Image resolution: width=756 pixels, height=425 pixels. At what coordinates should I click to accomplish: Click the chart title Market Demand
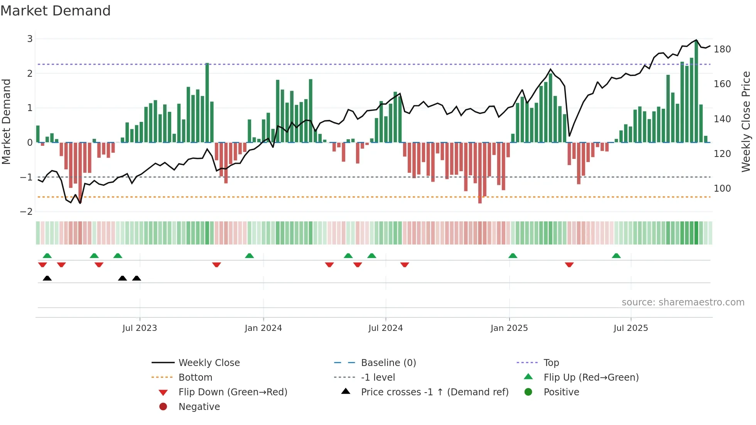click(56, 11)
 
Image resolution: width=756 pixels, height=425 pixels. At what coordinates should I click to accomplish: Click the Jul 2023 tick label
click(140, 328)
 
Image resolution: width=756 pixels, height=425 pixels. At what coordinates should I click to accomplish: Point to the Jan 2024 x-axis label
click(263, 328)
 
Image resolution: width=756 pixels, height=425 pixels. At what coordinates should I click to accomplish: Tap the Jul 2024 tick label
click(385, 328)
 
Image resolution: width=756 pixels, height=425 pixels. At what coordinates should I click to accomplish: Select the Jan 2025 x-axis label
click(509, 328)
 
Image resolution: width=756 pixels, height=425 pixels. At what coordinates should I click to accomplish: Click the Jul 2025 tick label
click(631, 328)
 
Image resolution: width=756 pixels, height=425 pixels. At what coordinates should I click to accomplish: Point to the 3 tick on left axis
click(30, 39)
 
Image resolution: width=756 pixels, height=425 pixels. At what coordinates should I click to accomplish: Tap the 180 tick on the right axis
click(722, 49)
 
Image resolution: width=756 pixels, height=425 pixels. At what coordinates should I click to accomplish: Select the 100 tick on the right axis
click(722, 189)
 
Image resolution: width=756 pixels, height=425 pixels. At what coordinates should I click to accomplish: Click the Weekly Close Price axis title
click(746, 121)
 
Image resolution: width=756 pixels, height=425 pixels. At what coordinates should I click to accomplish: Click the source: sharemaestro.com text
click(683, 302)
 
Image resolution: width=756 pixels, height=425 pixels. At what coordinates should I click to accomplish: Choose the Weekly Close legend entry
click(209, 363)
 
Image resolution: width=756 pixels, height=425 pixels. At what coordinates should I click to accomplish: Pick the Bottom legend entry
click(195, 378)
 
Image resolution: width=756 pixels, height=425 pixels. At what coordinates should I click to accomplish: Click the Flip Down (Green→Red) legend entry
click(233, 392)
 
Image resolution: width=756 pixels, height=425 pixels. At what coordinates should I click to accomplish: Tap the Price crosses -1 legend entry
click(434, 392)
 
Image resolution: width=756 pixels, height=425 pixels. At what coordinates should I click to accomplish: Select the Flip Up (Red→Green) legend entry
click(591, 378)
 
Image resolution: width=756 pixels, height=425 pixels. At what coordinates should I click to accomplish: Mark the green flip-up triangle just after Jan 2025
click(513, 256)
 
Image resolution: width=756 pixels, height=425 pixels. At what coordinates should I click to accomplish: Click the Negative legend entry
click(199, 407)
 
